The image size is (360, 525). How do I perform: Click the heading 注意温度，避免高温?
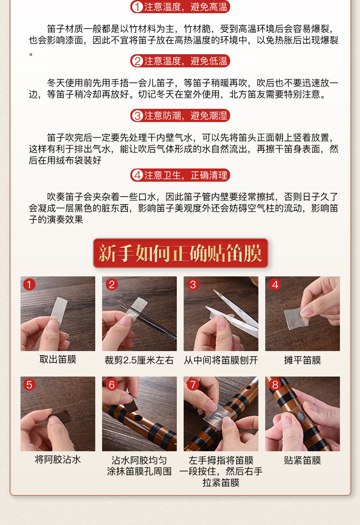click(180, 7)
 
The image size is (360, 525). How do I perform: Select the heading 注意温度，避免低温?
click(180, 61)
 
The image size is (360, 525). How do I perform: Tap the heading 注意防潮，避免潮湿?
click(180, 116)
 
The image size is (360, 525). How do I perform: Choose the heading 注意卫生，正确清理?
click(180, 175)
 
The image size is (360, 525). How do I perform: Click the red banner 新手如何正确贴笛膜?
click(180, 253)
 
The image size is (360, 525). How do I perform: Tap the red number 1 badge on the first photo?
click(29, 285)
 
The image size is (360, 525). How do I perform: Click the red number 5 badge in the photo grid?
click(29, 385)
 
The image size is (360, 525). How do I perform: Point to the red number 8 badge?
click(275, 385)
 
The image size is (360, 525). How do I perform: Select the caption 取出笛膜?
click(58, 359)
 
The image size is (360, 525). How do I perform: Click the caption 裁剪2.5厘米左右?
click(139, 360)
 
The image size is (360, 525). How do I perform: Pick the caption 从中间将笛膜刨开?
click(221, 360)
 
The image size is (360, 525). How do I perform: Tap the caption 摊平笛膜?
click(302, 360)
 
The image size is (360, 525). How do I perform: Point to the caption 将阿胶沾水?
click(58, 459)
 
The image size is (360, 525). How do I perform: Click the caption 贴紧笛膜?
click(302, 460)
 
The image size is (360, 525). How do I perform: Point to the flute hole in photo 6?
click(138, 418)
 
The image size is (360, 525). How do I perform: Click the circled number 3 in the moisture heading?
click(137, 116)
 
